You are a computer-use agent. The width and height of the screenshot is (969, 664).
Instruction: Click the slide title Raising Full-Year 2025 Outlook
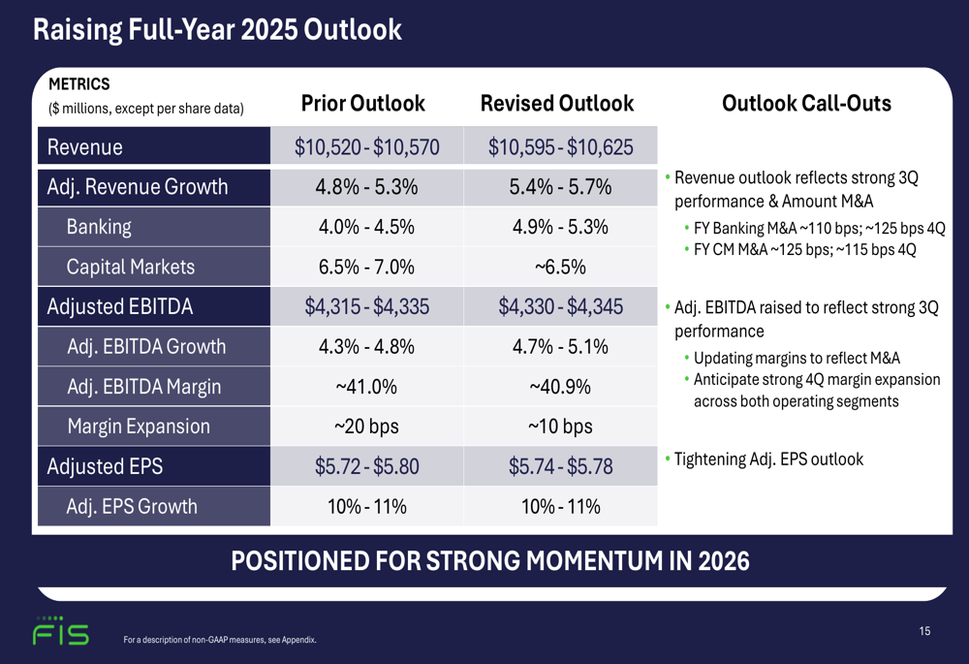coord(217,29)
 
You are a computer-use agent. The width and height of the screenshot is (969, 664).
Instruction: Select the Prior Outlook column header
coord(362,104)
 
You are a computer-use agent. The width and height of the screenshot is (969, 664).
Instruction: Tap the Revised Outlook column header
coord(557,104)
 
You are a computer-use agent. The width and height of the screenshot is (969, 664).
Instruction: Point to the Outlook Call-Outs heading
coord(807,104)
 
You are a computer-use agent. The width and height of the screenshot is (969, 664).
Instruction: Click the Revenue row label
coord(86,147)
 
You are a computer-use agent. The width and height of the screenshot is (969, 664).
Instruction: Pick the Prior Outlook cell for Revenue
coord(367,147)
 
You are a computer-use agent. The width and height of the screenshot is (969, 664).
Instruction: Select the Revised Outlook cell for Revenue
coord(561,147)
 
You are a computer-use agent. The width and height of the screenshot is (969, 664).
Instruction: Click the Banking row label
coord(99,227)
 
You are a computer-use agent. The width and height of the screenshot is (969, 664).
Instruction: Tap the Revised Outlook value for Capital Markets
coord(561,267)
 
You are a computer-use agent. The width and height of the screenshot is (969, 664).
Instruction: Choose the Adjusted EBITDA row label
coord(120,307)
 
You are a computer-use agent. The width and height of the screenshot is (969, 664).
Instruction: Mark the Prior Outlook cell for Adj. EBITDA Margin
coord(367,387)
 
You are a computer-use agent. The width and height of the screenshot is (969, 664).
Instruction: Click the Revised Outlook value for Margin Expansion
coord(561,427)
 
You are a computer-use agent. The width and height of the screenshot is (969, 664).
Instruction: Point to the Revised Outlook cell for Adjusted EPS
coord(561,466)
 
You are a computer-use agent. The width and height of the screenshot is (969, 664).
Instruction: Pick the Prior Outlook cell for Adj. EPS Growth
coord(367,506)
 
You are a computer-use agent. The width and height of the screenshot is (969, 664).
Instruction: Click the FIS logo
coord(60,632)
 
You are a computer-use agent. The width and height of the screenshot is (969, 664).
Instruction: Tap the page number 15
coord(924,631)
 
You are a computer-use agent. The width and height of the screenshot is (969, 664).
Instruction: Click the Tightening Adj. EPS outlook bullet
coord(767,458)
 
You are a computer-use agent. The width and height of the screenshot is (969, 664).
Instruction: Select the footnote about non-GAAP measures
coord(220,640)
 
